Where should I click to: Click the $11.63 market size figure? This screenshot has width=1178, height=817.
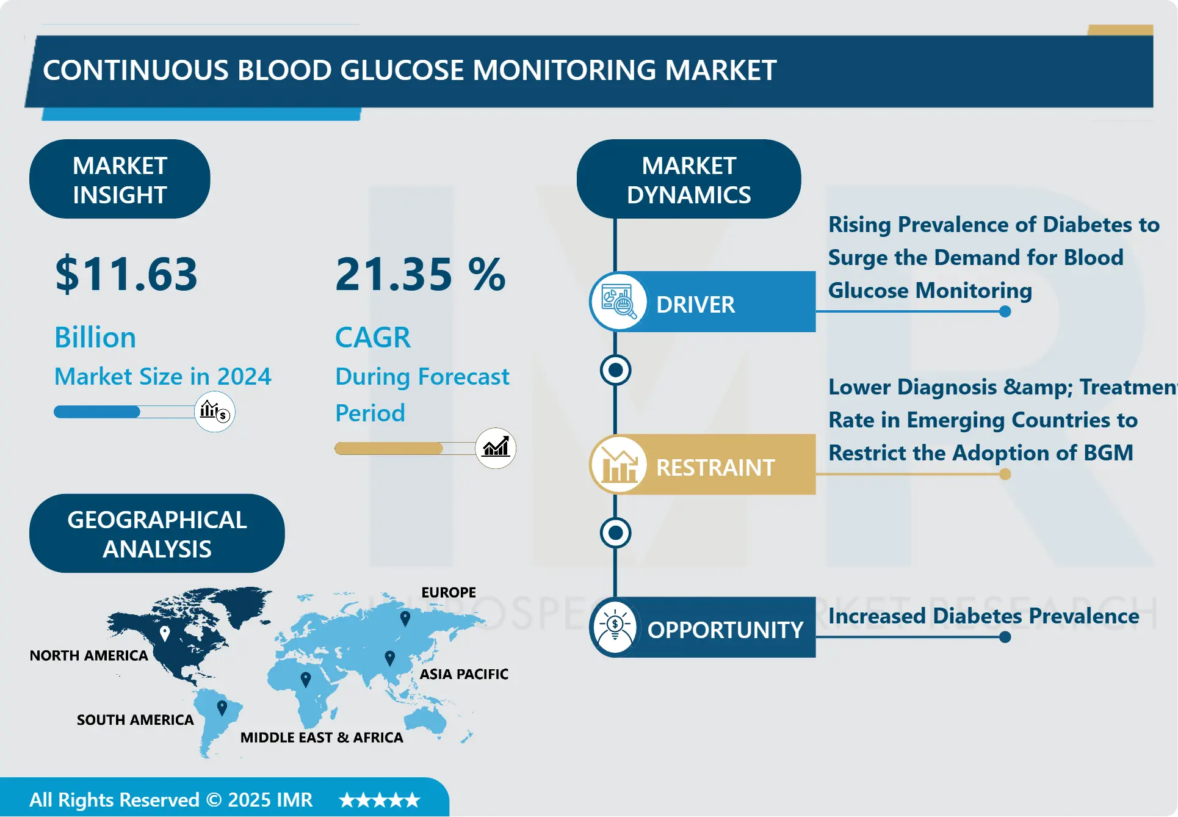(126, 274)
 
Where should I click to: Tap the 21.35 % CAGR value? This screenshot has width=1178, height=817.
(421, 274)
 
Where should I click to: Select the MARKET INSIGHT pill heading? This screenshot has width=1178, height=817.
(120, 180)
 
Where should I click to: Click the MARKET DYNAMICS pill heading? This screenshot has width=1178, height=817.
(688, 180)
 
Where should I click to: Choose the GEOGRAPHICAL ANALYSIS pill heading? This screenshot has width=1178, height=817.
(157, 534)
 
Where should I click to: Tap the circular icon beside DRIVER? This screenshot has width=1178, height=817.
(618, 302)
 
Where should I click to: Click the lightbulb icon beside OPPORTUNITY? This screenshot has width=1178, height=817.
(615, 627)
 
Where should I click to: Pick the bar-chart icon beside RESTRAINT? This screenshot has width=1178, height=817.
(618, 465)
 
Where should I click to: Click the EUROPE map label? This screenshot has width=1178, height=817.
(449, 592)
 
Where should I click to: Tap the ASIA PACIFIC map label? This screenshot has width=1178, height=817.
(464, 674)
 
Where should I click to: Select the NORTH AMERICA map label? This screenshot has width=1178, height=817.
(89, 655)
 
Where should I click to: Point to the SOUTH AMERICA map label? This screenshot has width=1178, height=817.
(136, 720)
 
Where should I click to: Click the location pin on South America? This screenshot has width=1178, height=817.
(222, 708)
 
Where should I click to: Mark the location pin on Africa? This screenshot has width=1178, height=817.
(306, 678)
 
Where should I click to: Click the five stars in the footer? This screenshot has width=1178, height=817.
(380, 800)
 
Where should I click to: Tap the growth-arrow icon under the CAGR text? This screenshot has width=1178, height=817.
(496, 448)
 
